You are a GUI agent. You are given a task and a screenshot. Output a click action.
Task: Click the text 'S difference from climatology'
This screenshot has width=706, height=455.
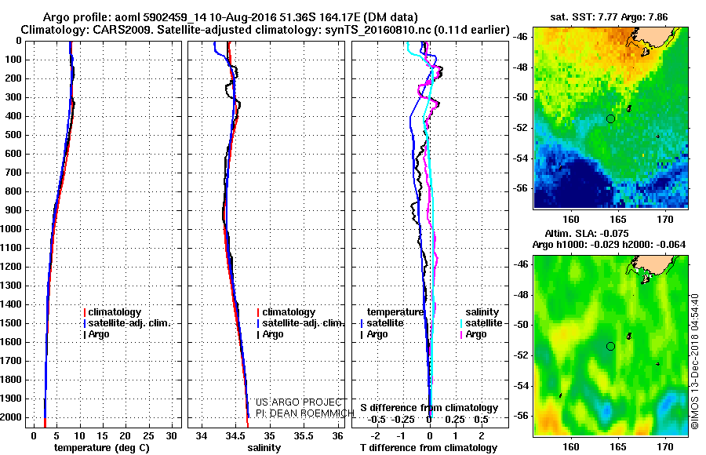click(x=429, y=408)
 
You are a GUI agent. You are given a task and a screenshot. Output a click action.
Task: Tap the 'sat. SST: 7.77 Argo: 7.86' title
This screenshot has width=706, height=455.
click(x=610, y=16)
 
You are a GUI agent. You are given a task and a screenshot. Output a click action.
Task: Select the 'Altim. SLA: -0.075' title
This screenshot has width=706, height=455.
click(x=610, y=234)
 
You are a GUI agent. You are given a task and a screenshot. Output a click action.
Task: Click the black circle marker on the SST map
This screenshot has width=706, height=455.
click(x=610, y=118)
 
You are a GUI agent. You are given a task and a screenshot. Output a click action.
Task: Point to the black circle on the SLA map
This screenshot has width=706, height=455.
click(x=610, y=346)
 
